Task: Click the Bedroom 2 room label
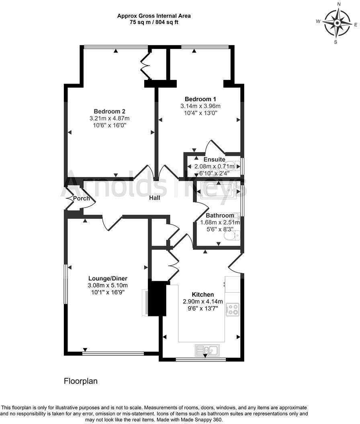tap(110, 111)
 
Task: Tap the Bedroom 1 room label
tap(200, 99)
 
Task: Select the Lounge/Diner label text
tap(108, 278)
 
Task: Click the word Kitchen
tap(202, 294)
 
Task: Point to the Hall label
tap(155, 198)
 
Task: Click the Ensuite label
tap(214, 159)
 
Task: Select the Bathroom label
tap(220, 215)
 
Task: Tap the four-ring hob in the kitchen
tap(233, 310)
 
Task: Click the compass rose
tap(337, 22)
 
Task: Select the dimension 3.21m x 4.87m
tap(110, 118)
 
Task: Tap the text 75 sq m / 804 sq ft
tap(154, 22)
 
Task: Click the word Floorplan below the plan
tap(81, 381)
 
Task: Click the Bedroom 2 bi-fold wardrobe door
tap(145, 64)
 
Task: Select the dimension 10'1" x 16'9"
tap(108, 292)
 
